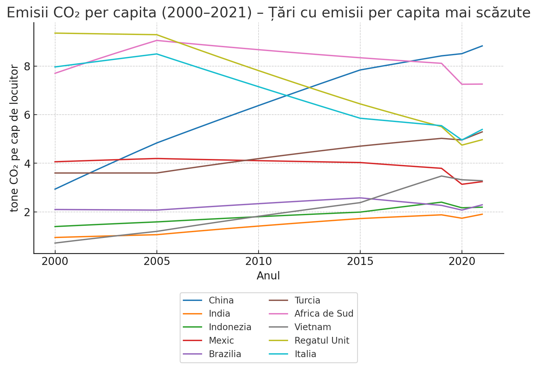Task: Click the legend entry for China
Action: (221, 301)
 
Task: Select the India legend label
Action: (219, 314)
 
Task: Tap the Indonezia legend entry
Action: (230, 327)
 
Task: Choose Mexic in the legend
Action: (221, 340)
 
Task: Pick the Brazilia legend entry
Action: (225, 354)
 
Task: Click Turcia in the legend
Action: (307, 301)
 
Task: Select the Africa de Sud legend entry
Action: (324, 314)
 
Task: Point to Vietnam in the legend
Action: (313, 327)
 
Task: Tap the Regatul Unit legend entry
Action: (322, 340)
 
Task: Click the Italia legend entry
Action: (305, 354)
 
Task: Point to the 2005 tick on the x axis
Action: (157, 262)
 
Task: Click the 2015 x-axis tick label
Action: (360, 262)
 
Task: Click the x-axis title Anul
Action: (268, 276)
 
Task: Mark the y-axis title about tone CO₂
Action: (14, 138)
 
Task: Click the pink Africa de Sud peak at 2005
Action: (157, 40)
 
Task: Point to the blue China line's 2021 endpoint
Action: (482, 46)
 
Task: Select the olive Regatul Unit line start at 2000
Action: (55, 33)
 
